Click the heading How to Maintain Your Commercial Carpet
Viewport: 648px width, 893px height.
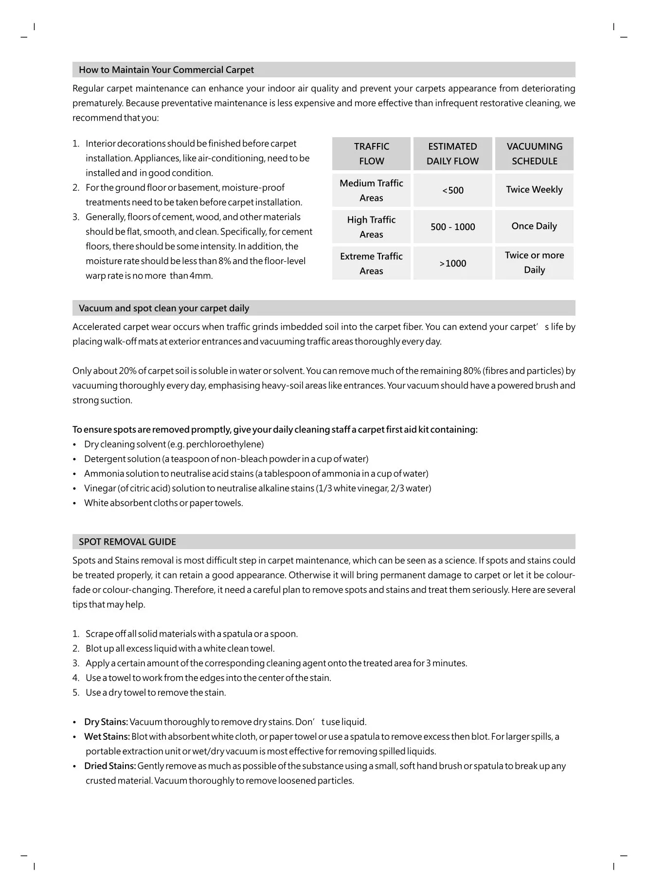pyautogui.click(x=166, y=70)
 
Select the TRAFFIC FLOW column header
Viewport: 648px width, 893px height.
pyautogui.click(x=371, y=154)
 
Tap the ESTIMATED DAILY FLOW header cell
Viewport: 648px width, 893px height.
pyautogui.click(x=452, y=154)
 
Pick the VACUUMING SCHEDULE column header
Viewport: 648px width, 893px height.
pyautogui.click(x=534, y=154)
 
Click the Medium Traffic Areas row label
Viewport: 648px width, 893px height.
pyautogui.click(x=371, y=190)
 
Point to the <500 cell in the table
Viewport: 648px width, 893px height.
pyautogui.click(x=452, y=190)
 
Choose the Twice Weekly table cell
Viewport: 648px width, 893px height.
pyautogui.click(x=534, y=190)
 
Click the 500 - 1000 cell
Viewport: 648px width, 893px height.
pyautogui.click(x=452, y=227)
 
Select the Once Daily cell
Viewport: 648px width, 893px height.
pyautogui.click(x=534, y=226)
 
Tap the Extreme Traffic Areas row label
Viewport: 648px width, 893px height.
pyautogui.click(x=371, y=263)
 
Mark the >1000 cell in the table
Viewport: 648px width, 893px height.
pyautogui.click(x=452, y=263)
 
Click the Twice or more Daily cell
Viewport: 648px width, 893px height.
pyautogui.click(x=534, y=263)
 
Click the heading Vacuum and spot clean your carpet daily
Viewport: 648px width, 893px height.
pyautogui.click(x=163, y=308)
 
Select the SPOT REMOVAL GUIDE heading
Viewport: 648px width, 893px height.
pyautogui.click(x=127, y=542)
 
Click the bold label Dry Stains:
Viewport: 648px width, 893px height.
pyautogui.click(x=106, y=722)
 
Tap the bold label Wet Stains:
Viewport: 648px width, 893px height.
pyautogui.click(x=107, y=736)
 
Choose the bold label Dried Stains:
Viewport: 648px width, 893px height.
pyautogui.click(x=110, y=766)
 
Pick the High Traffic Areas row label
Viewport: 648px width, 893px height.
pyautogui.click(x=371, y=227)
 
